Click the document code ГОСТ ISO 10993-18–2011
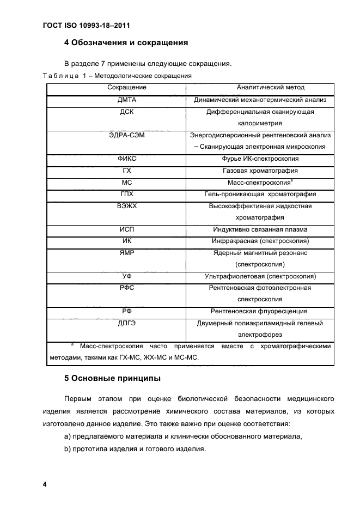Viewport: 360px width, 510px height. click(x=87, y=25)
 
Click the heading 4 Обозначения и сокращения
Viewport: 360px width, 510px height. click(x=126, y=42)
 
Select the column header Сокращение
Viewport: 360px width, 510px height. click(x=126, y=87)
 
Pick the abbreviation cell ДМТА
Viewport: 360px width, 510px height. click(x=126, y=100)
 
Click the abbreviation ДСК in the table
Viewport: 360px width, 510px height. click(x=126, y=112)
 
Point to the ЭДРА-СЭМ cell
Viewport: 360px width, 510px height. click(x=126, y=135)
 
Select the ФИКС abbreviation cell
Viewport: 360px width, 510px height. click(x=126, y=159)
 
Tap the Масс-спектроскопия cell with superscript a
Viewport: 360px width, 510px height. click(x=260, y=183)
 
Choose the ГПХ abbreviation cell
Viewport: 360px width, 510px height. click(x=126, y=194)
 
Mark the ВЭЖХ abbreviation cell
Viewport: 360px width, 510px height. click(x=126, y=206)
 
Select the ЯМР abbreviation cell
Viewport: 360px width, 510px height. click(x=126, y=253)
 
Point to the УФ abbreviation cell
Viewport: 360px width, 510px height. click(x=126, y=276)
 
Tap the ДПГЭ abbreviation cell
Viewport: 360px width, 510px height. click(x=126, y=323)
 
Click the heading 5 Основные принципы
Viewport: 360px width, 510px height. click(x=112, y=378)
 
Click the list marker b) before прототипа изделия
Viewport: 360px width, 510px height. click(x=68, y=450)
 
